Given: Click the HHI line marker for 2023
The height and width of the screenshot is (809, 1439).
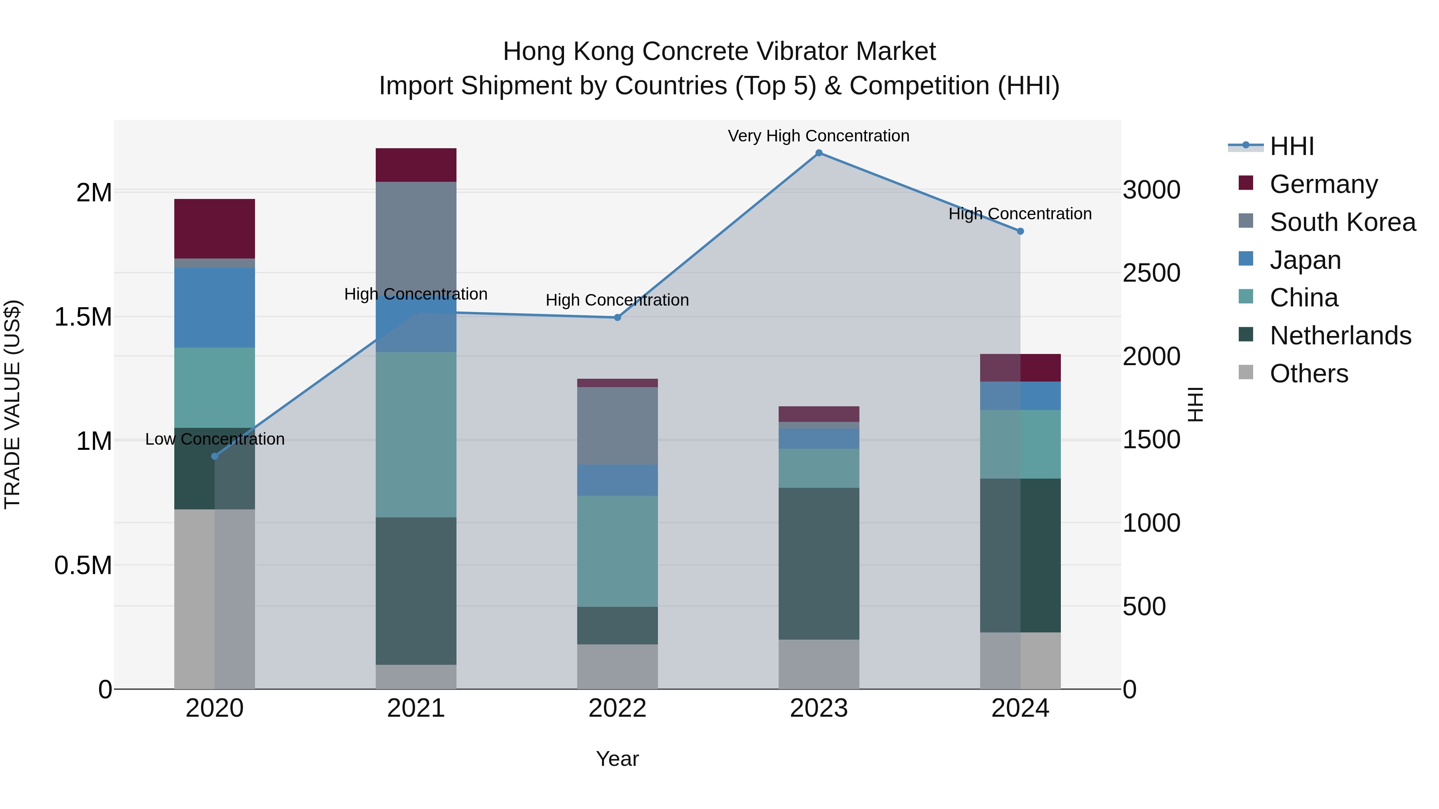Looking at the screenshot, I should [x=819, y=153].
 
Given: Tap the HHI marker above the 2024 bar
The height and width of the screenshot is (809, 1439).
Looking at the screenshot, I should [x=1020, y=231].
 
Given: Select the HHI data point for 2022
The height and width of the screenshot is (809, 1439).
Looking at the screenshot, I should [x=617, y=318].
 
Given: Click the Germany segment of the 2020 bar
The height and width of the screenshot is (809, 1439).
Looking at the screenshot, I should [x=215, y=229].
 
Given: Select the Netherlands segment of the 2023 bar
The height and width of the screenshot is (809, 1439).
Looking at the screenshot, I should [x=819, y=563].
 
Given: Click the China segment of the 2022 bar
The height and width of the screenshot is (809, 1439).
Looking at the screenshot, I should [x=617, y=551].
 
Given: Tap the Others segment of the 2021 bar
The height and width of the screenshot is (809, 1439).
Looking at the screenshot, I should [x=416, y=677].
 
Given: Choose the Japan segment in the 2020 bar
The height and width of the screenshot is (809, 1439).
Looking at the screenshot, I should [x=215, y=308].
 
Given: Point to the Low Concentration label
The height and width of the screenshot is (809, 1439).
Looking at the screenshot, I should [x=215, y=439].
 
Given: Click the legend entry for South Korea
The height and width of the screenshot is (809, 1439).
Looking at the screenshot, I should [x=1342, y=222].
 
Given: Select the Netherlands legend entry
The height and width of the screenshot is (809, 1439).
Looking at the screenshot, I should [x=1340, y=336].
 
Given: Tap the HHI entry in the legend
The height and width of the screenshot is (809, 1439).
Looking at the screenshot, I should [x=1291, y=146].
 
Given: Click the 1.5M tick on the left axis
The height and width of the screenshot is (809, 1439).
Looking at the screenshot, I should [x=83, y=317].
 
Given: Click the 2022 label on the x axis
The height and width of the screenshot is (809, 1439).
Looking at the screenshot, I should [x=617, y=708].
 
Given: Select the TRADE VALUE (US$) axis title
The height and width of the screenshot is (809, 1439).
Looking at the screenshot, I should [x=12, y=404].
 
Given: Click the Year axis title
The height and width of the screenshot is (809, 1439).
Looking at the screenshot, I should [x=617, y=759].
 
